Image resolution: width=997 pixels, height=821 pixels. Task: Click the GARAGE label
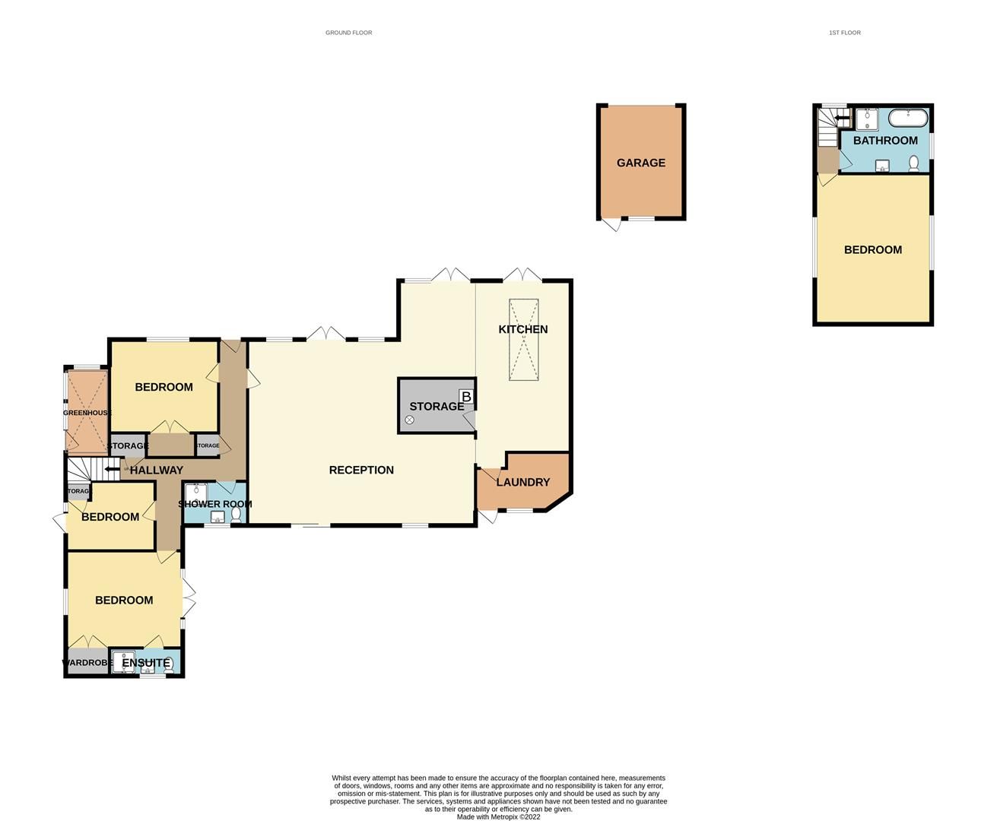(640, 163)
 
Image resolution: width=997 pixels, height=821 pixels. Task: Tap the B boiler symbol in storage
(466, 397)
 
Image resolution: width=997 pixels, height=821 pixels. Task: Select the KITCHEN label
(523, 329)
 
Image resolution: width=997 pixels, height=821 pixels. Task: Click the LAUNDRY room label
(522, 482)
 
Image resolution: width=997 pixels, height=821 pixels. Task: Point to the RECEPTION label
(361, 470)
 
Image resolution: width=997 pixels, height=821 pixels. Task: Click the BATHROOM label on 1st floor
(885, 141)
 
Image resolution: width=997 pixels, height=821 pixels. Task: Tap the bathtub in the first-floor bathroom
(908, 119)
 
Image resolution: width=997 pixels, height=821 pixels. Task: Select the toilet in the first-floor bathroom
(913, 163)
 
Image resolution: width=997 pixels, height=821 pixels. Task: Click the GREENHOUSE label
(87, 413)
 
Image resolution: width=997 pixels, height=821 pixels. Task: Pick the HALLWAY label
(156, 471)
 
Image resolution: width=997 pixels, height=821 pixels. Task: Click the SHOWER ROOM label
(214, 504)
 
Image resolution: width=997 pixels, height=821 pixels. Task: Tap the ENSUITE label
(146, 663)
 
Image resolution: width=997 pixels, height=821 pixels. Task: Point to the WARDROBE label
(87, 663)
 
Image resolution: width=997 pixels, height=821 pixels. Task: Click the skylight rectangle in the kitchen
(523, 339)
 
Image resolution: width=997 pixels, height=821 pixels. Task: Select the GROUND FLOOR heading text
(348, 33)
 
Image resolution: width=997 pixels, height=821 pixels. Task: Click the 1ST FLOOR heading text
(845, 33)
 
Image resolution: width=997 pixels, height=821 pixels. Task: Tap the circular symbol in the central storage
(409, 420)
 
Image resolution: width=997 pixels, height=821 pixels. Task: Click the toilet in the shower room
(236, 515)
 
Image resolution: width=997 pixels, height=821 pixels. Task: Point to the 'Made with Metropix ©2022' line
(498, 817)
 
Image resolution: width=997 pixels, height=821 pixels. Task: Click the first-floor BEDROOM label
(873, 249)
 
